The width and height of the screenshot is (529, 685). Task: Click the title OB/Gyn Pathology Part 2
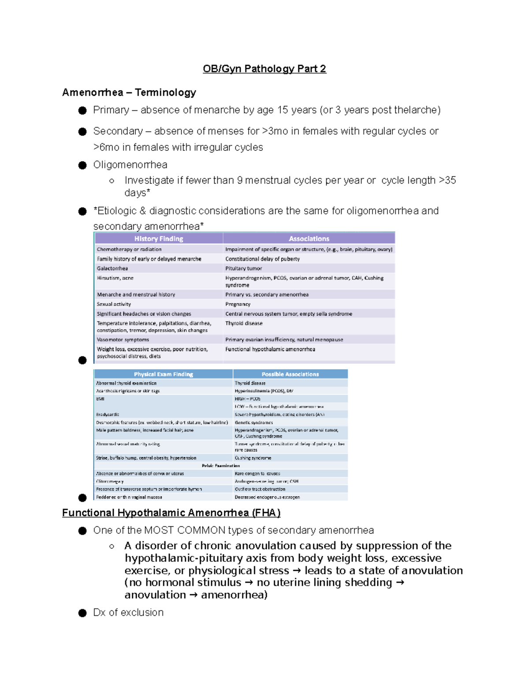(264, 69)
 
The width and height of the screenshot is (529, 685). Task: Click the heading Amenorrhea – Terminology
(129, 93)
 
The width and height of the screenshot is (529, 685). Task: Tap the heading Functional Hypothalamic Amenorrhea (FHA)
(171, 513)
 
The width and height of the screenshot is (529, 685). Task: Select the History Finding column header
(159, 239)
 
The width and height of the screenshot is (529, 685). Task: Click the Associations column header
(309, 239)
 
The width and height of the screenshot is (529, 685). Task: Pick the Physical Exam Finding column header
(163, 374)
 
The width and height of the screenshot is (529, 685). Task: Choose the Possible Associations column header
(290, 374)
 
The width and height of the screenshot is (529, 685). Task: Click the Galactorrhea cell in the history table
(112, 268)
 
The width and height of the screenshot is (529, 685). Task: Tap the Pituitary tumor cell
(243, 268)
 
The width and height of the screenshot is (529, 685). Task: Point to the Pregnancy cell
(238, 304)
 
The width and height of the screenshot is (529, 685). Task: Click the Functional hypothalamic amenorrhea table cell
(270, 349)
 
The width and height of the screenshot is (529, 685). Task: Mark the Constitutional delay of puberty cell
(262, 259)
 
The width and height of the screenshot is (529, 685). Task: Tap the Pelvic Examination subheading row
(221, 466)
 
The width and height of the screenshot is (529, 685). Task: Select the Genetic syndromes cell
(253, 423)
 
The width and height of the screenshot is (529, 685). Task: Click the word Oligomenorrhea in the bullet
(130, 165)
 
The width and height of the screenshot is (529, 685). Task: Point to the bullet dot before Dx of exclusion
(82, 613)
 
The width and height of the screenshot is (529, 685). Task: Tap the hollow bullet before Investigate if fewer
(112, 181)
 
